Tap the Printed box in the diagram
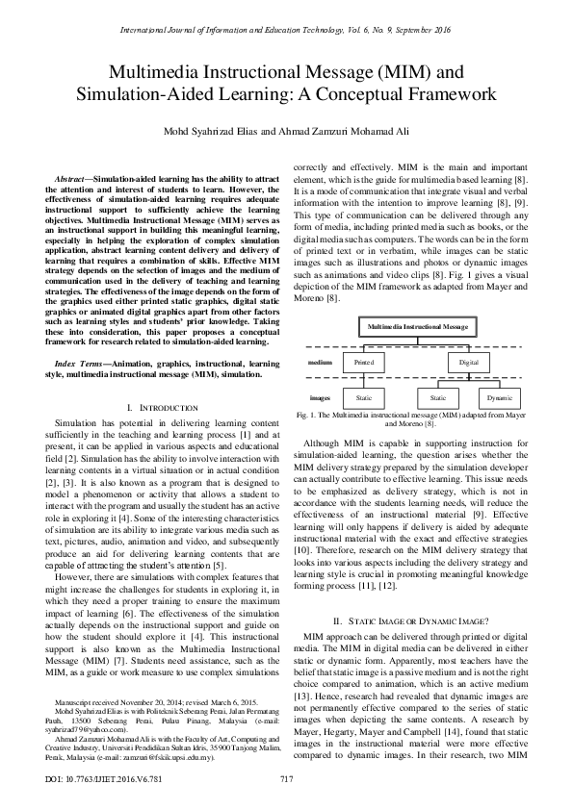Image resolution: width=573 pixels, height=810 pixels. click(x=363, y=363)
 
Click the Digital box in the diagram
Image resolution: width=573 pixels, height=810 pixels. click(x=468, y=363)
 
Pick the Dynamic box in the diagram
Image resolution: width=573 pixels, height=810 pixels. click(x=499, y=396)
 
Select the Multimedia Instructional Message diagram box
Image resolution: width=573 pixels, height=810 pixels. click(x=416, y=327)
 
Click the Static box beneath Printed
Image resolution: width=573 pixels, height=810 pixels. click(x=363, y=396)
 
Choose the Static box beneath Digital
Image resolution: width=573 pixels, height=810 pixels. click(x=437, y=396)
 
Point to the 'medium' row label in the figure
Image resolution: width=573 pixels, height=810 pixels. click(x=321, y=363)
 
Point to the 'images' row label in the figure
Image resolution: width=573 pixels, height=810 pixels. click(x=321, y=396)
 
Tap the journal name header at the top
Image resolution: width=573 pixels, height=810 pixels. click(x=286, y=31)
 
